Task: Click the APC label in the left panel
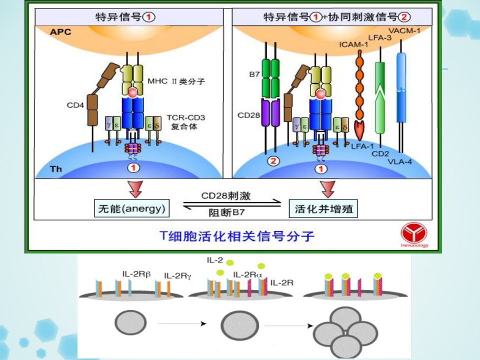60,32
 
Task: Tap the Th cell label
55,169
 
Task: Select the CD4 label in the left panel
75,105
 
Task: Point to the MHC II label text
176,81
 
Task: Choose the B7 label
254,74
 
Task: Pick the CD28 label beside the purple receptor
248,115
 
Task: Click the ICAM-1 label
353,44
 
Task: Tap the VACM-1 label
404,30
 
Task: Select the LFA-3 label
379,37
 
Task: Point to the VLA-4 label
400,161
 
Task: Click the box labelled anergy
131,208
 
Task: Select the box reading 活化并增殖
323,209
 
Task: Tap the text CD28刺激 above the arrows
226,196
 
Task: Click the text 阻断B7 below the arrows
227,212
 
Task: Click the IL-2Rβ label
136,273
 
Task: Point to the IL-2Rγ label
177,276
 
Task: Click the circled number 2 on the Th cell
273,161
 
